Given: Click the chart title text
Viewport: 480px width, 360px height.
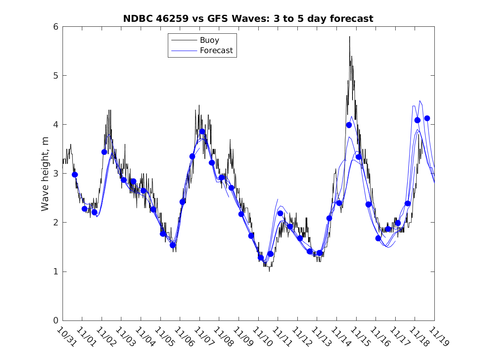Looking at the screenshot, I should pyautogui.click(x=248, y=19).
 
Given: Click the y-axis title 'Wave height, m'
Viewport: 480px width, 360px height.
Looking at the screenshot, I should pyautogui.click(x=45, y=174).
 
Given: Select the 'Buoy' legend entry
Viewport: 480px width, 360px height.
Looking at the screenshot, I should pyautogui.click(x=209, y=40).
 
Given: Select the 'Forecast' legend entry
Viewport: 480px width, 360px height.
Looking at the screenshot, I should pyautogui.click(x=216, y=51).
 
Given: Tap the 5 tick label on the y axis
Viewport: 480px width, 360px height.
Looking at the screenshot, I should pyautogui.click(x=55, y=76).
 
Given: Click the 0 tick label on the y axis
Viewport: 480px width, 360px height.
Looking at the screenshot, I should pyautogui.click(x=55, y=321).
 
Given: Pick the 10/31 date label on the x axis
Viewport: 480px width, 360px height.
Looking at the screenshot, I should pyautogui.click(x=66, y=337).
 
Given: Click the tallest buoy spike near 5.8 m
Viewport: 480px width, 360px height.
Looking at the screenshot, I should pyautogui.click(x=350, y=37).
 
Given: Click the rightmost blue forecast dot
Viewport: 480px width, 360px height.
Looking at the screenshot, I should pyautogui.click(x=427, y=118).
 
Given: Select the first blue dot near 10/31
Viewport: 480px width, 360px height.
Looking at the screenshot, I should pyautogui.click(x=75, y=174).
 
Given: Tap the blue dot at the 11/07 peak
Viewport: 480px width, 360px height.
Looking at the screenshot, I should pyautogui.click(x=202, y=132).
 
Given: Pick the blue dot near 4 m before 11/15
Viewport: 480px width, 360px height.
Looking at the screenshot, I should pyautogui.click(x=349, y=125).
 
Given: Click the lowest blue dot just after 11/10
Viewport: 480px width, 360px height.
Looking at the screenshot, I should pyautogui.click(x=261, y=258).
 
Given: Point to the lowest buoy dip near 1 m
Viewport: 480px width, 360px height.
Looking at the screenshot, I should pyautogui.click(x=269, y=271).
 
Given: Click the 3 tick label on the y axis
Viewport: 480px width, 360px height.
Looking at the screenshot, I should pyautogui.click(x=55, y=174).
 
